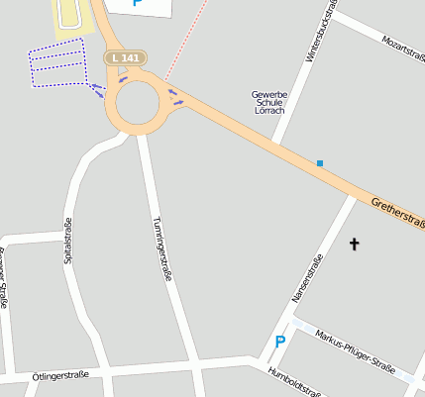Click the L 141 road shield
(126, 58)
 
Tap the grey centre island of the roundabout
(137, 101)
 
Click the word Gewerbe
(269, 94)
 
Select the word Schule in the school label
(269, 103)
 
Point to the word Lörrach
(269, 111)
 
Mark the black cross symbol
(355, 242)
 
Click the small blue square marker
(320, 162)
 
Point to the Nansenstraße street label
(306, 278)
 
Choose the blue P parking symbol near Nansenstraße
(279, 343)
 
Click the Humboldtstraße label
(294, 382)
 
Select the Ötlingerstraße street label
(59, 376)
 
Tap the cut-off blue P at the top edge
(137, 4)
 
